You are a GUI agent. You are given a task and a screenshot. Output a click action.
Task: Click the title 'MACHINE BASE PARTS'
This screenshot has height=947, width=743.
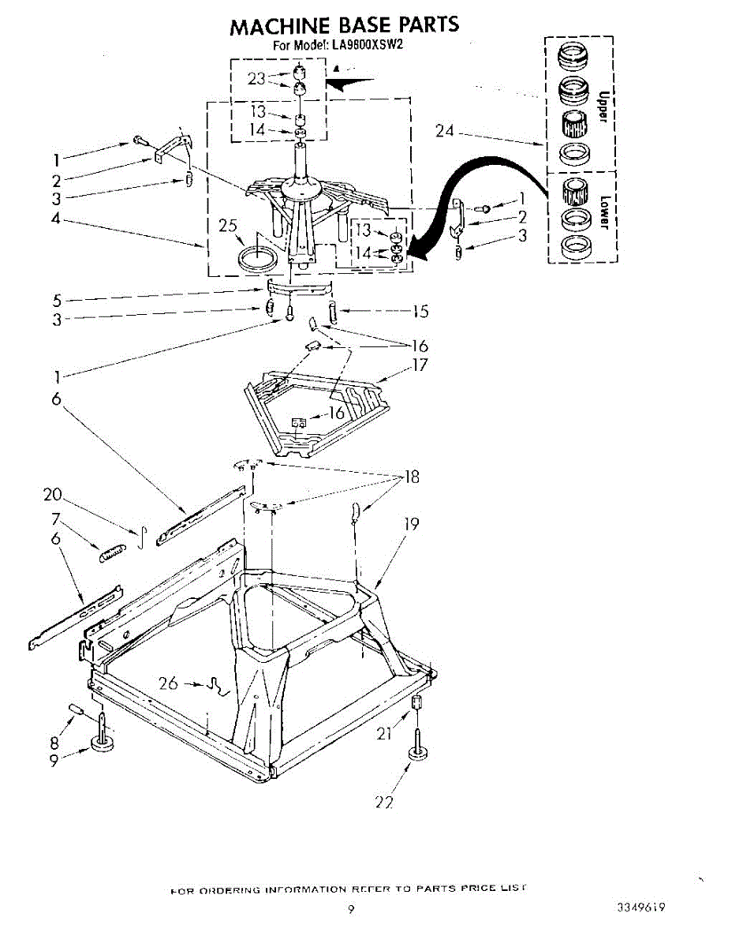344,25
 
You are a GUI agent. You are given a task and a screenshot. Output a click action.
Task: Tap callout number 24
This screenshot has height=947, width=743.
445,131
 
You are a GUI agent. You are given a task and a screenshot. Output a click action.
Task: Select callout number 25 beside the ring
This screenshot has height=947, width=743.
228,226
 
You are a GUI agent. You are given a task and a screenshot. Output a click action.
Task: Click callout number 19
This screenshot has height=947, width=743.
411,522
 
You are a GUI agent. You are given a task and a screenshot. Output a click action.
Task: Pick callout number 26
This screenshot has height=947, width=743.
168,683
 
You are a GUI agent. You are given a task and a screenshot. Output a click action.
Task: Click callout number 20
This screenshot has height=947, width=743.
53,495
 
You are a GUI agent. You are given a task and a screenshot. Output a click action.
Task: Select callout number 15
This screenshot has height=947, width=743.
420,312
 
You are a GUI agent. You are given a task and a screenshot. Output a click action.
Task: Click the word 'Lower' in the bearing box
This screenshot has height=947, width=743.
604,211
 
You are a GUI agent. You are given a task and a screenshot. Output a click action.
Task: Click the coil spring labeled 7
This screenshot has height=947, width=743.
112,552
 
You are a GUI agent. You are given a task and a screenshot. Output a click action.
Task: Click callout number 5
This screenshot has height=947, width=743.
57,300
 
